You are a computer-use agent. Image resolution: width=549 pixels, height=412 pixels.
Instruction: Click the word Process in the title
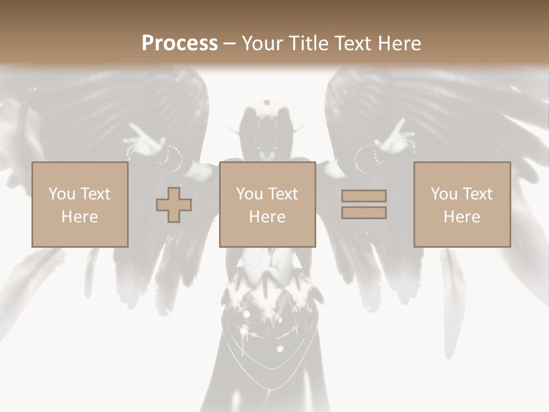click(x=180, y=43)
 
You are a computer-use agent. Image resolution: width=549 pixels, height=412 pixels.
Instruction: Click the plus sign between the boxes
click(x=174, y=205)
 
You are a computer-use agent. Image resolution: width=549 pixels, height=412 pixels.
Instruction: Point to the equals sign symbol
click(x=364, y=204)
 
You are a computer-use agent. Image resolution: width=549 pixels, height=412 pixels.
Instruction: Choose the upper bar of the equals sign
click(x=364, y=196)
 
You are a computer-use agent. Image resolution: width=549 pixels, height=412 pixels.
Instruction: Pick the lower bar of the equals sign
click(x=364, y=212)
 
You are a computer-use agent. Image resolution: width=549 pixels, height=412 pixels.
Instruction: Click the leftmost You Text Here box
click(x=79, y=204)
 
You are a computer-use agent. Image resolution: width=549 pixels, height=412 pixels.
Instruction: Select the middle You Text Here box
click(x=267, y=204)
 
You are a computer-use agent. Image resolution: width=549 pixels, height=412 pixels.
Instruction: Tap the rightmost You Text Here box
click(x=462, y=204)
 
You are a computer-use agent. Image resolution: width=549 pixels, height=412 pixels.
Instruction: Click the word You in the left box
click(x=61, y=194)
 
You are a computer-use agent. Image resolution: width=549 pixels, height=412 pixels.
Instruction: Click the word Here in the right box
click(x=462, y=217)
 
